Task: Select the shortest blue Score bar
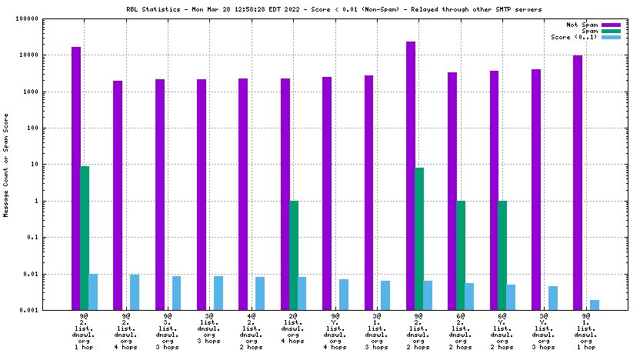pyautogui.click(x=595, y=305)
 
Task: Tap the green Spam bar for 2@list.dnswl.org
pyautogui.click(x=294, y=255)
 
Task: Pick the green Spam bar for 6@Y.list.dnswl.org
pyautogui.click(x=502, y=255)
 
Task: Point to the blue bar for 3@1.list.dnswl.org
pyautogui.click(x=385, y=295)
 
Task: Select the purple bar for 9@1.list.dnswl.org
pyautogui.click(x=578, y=182)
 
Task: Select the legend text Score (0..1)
pyautogui.click(x=574, y=37)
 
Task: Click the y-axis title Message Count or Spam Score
pyautogui.click(x=8, y=165)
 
